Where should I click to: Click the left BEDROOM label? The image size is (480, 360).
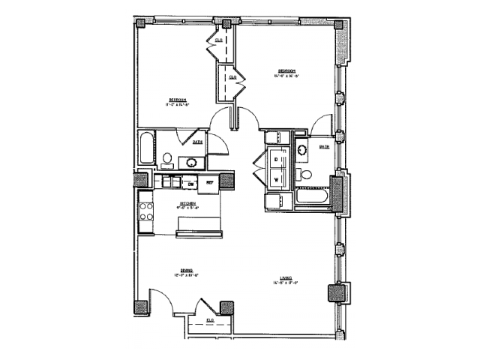click(x=177, y=101)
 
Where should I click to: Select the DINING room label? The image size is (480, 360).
click(x=186, y=271)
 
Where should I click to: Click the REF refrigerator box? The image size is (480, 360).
click(x=210, y=183)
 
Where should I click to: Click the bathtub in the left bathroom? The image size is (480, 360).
click(x=146, y=148)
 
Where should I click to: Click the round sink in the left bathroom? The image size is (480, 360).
click(x=192, y=161)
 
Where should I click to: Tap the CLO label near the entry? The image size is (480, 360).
click(x=210, y=319)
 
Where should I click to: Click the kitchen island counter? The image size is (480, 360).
click(x=199, y=225)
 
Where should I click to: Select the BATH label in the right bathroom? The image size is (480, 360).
click(x=325, y=147)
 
